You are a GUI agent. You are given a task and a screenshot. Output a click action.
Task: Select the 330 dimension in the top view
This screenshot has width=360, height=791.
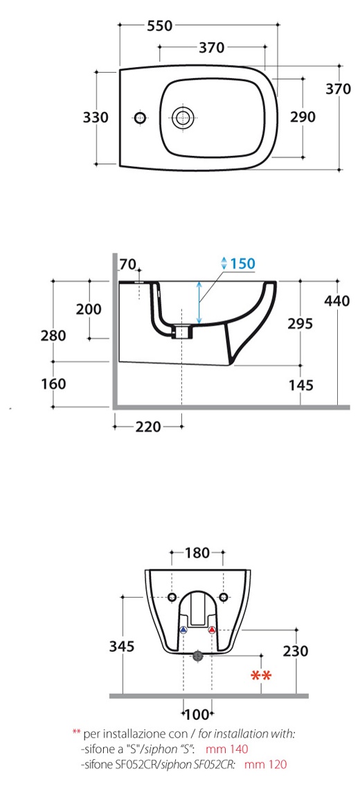coord(96,118)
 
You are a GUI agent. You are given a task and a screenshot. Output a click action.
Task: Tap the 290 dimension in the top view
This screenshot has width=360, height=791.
coord(303,117)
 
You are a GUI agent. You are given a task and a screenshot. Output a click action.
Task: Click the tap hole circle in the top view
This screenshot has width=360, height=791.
coord(140,118)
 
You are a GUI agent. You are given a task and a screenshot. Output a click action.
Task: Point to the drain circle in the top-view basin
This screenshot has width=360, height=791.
coord(182,118)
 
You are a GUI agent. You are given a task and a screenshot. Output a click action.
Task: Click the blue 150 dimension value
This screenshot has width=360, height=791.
coord(242,263)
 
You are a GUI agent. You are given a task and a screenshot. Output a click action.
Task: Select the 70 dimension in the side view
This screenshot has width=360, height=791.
coord(129,264)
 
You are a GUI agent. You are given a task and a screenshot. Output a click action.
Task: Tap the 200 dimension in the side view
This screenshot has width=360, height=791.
coord(89,309)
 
